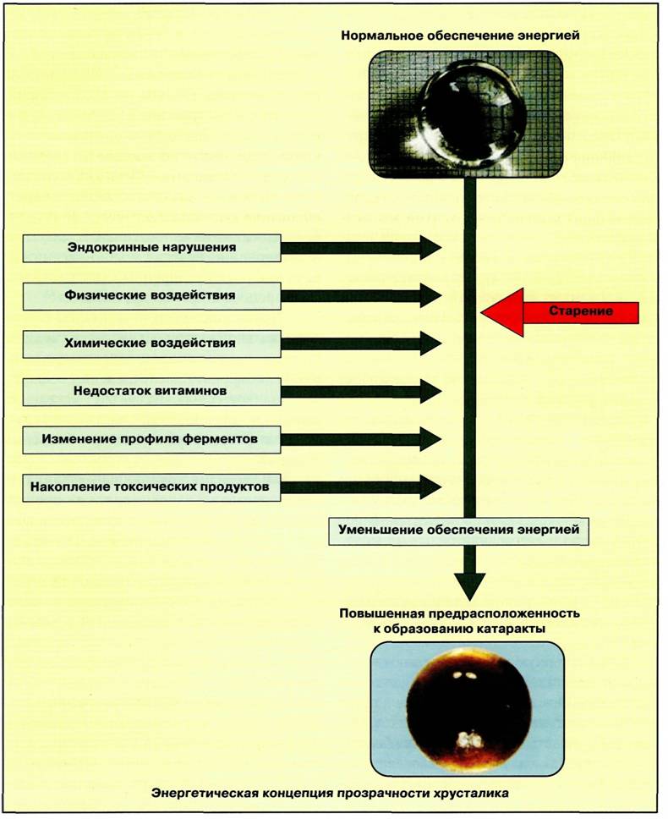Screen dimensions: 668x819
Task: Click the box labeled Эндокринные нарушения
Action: [151, 248]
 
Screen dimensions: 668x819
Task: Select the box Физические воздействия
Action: [151, 296]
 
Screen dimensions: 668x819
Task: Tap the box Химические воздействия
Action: [151, 344]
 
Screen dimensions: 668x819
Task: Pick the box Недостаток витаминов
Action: [151, 392]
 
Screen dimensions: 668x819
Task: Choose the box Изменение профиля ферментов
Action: [151, 439]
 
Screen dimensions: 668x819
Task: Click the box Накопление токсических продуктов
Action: [151, 487]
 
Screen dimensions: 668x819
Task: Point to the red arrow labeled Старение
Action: [560, 312]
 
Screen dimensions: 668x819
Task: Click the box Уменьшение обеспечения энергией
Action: [459, 530]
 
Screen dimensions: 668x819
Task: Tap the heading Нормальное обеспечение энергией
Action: [460, 36]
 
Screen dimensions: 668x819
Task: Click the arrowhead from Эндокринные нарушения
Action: [431, 248]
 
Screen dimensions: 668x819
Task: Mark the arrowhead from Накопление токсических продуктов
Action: [431, 487]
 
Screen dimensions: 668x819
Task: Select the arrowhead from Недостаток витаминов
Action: [431, 392]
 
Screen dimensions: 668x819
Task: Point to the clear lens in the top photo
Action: [474, 114]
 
